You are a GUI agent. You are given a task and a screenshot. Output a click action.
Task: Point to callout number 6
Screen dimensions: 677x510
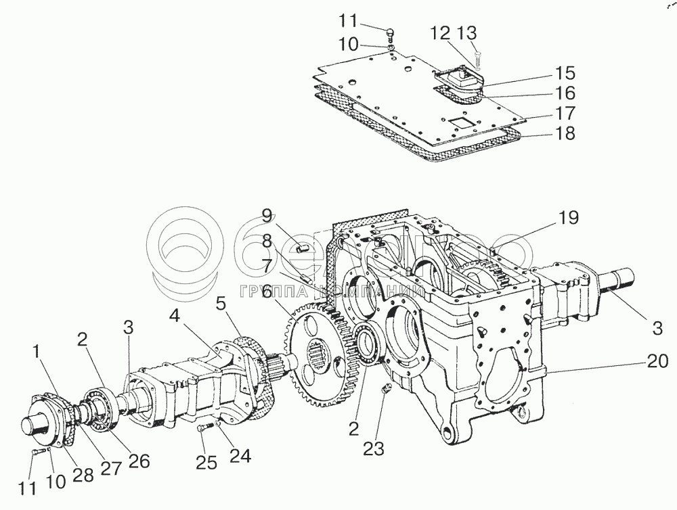(267, 292)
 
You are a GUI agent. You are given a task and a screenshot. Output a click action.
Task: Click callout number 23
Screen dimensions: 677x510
(373, 448)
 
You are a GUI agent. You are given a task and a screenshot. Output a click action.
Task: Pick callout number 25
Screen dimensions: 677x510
(206, 463)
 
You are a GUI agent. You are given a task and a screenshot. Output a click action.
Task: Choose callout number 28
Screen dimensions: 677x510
(83, 475)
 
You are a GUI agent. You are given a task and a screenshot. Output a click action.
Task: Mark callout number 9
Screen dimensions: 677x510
(267, 216)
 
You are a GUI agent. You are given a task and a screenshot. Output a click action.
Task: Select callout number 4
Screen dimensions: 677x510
(174, 316)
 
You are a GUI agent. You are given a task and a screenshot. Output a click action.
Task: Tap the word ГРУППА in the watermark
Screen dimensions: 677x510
(275, 292)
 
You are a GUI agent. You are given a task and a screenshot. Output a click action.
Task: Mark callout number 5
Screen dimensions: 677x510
(220, 304)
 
